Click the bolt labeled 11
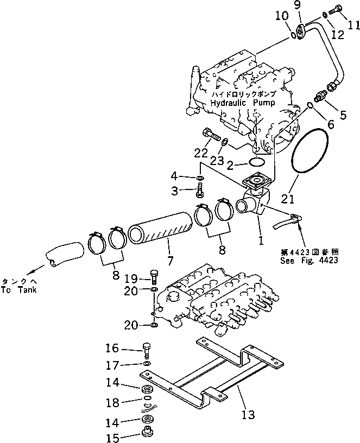coord(339,9)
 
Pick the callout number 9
coord(312,5)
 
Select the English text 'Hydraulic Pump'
coord(243,102)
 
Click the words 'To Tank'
coord(20,290)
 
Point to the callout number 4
coord(174,176)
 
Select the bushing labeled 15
coord(146,435)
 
